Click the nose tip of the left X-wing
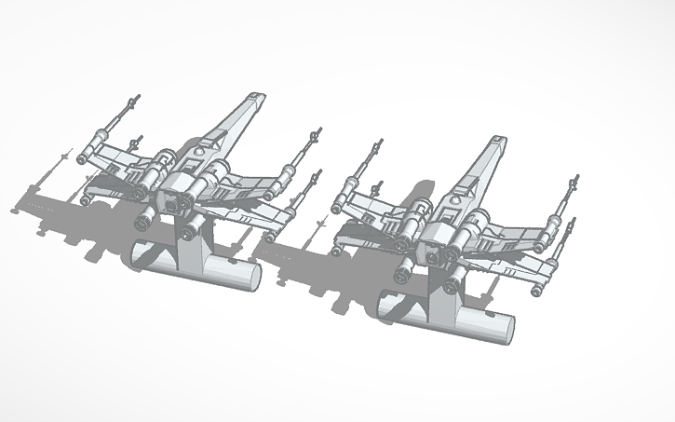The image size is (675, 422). click(x=253, y=95)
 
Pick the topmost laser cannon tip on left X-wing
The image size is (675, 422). click(x=139, y=96)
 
